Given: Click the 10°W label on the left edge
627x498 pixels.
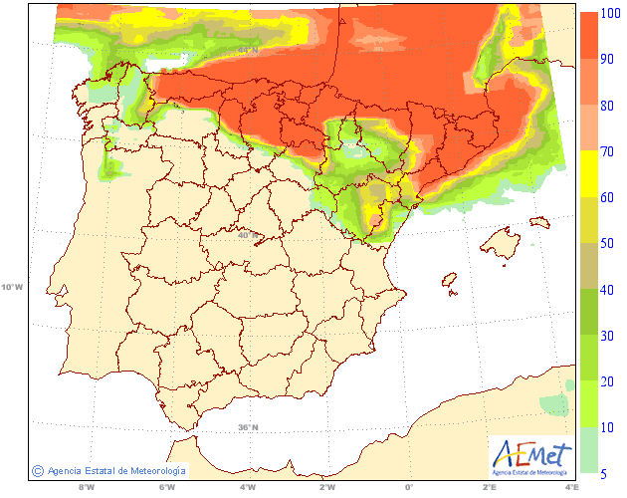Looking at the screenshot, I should click(x=11, y=287).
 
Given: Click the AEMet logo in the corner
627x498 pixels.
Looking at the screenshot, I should click(x=533, y=457).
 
